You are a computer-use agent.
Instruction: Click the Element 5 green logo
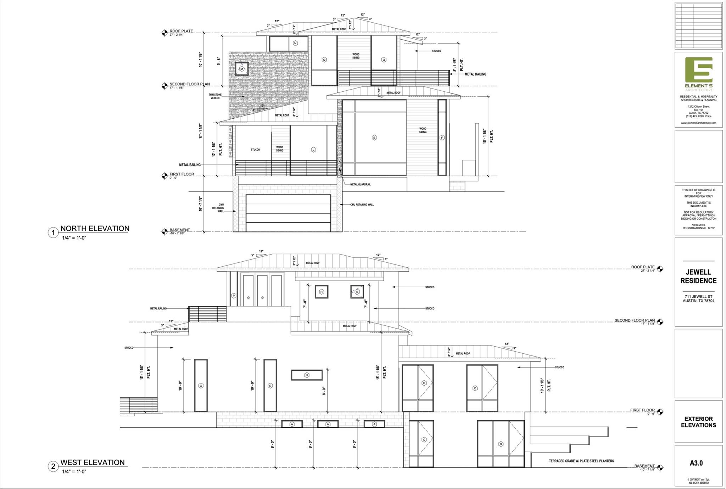pos(698,70)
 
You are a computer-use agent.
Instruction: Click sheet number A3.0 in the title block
pos(696,463)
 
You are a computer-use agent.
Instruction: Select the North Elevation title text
pos(95,228)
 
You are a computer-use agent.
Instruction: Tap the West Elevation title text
pos(93,462)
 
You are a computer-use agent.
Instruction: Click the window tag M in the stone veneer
pos(242,69)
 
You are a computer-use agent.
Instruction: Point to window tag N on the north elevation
pos(295,43)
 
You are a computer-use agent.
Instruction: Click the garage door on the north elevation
pos(288,213)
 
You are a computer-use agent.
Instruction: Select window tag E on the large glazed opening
pos(374,137)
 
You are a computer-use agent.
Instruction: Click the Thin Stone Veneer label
pos(215,96)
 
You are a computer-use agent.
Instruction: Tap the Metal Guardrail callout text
pos(360,184)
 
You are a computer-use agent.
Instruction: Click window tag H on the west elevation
pos(307,375)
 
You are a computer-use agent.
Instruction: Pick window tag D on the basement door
pos(501,444)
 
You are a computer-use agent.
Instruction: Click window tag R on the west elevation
pos(321,292)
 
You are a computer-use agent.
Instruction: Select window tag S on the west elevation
pos(357,292)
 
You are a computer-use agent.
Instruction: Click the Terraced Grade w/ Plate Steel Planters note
pos(581,461)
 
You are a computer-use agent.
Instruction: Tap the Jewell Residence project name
pos(698,276)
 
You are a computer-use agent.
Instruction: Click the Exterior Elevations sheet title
pos(698,422)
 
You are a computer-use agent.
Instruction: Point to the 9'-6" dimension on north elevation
pos(219,61)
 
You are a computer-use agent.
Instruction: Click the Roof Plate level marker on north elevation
pos(164,33)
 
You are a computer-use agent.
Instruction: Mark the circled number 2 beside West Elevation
pos(53,466)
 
